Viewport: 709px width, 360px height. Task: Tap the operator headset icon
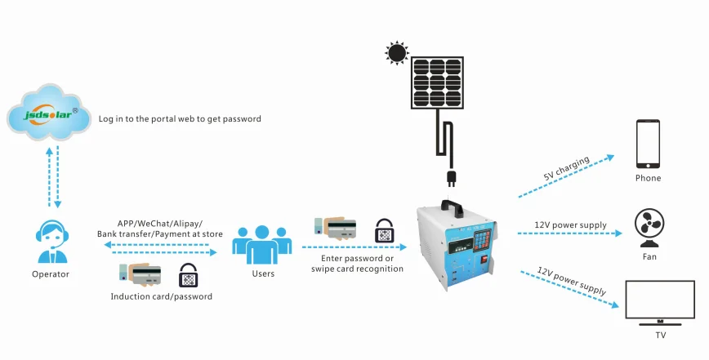(x=51, y=235)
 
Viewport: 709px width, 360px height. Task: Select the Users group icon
(x=262, y=242)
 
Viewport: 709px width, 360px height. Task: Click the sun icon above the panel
(x=397, y=54)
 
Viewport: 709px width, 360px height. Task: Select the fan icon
(x=649, y=227)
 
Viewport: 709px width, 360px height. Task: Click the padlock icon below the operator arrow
(x=189, y=274)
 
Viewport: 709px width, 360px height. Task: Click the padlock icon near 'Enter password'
(x=385, y=231)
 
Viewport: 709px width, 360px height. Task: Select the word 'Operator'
(x=51, y=274)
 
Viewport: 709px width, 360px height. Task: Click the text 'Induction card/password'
(x=161, y=296)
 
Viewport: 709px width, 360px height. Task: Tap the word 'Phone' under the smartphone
(x=648, y=178)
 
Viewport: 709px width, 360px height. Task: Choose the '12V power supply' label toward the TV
(x=572, y=280)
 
